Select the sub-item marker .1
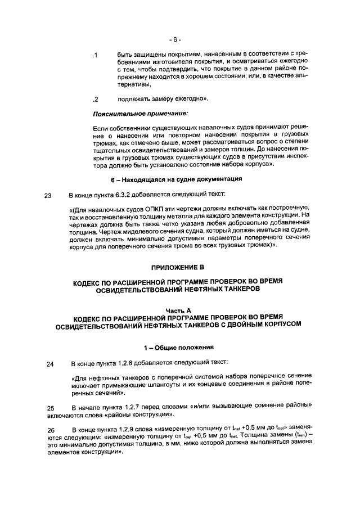click(96, 55)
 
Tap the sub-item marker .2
click(96, 100)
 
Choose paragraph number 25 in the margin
click(50, 408)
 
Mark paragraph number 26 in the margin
click(50, 430)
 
